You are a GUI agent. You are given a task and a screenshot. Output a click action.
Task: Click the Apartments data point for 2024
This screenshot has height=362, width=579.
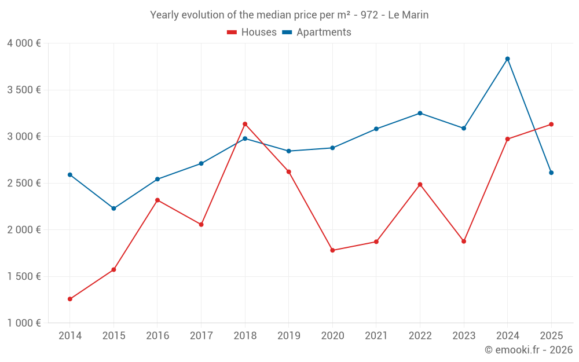click(x=507, y=58)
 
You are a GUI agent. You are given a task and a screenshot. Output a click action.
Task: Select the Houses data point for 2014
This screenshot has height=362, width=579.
click(x=70, y=299)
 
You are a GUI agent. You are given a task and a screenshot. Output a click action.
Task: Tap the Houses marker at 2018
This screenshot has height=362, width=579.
click(x=245, y=124)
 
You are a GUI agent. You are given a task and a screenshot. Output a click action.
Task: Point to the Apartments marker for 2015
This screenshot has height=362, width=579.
click(x=113, y=209)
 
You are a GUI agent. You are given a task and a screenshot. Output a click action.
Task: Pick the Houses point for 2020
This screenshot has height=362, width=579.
click(x=332, y=250)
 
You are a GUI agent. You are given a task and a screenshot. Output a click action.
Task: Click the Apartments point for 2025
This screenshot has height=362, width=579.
click(x=551, y=173)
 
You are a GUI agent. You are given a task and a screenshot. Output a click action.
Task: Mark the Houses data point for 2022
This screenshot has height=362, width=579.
click(x=420, y=184)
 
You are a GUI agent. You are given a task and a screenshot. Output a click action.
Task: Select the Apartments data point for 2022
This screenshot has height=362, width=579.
click(x=420, y=113)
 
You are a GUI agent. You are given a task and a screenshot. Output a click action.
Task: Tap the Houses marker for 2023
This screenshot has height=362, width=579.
click(x=464, y=241)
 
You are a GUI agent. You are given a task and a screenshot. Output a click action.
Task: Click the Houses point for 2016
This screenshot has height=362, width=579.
click(x=157, y=200)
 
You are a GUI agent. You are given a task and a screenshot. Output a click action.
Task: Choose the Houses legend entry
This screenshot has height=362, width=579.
click(x=252, y=32)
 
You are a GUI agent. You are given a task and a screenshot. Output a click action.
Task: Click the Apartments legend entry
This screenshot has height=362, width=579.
click(x=317, y=32)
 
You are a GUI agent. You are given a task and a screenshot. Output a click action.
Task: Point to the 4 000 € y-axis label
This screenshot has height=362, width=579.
click(x=24, y=43)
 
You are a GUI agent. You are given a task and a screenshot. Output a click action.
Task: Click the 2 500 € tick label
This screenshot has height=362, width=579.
click(x=24, y=183)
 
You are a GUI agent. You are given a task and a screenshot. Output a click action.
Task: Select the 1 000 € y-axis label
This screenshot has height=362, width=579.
click(x=24, y=323)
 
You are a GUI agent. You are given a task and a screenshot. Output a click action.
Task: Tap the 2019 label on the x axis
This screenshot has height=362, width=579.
click(x=288, y=336)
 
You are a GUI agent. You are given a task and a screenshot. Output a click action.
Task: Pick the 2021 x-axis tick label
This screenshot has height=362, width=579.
click(x=376, y=336)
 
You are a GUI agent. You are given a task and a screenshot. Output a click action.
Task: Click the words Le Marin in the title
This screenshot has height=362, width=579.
click(x=408, y=15)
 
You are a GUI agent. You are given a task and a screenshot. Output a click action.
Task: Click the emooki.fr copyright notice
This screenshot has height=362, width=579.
click(x=528, y=350)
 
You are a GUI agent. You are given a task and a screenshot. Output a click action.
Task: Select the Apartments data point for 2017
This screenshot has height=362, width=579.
click(x=201, y=163)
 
